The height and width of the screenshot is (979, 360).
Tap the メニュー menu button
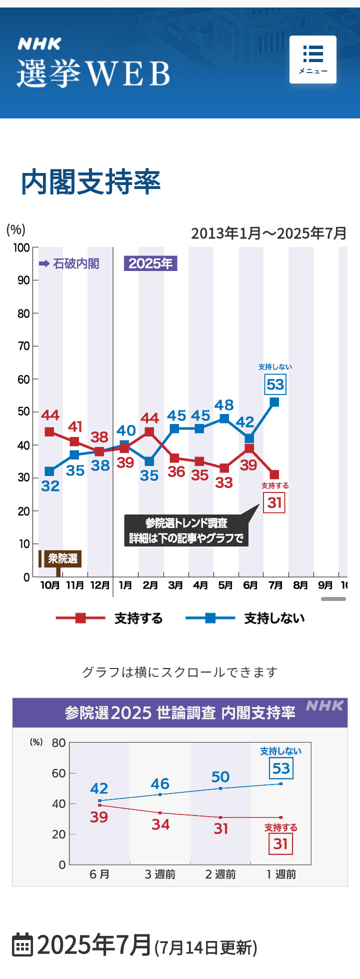click(x=312, y=59)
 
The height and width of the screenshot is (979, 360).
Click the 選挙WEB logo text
click(x=93, y=73)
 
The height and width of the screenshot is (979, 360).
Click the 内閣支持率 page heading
click(x=90, y=182)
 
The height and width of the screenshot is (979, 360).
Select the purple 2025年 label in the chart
click(x=150, y=263)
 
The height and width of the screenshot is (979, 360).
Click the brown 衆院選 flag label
click(x=62, y=558)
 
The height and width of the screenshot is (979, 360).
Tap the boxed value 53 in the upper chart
click(x=275, y=384)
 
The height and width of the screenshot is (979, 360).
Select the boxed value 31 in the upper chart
click(x=274, y=502)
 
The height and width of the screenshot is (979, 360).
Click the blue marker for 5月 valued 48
click(x=224, y=418)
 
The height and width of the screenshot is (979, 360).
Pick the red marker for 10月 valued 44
click(x=49, y=431)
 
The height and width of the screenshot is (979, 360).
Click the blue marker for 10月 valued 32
click(x=49, y=471)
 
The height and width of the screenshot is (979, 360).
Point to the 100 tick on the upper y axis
click(x=21, y=248)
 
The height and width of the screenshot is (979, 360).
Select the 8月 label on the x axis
click(x=300, y=585)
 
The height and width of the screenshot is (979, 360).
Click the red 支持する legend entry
click(x=110, y=618)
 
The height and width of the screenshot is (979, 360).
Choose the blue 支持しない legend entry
click(x=245, y=618)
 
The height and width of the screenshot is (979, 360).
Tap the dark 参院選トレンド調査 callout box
click(x=186, y=530)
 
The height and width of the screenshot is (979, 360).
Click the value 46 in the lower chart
click(x=160, y=783)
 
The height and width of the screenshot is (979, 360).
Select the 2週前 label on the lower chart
click(x=220, y=874)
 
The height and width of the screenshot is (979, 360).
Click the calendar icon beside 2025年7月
click(x=22, y=944)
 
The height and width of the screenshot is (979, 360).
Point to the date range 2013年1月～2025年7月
click(x=268, y=233)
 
